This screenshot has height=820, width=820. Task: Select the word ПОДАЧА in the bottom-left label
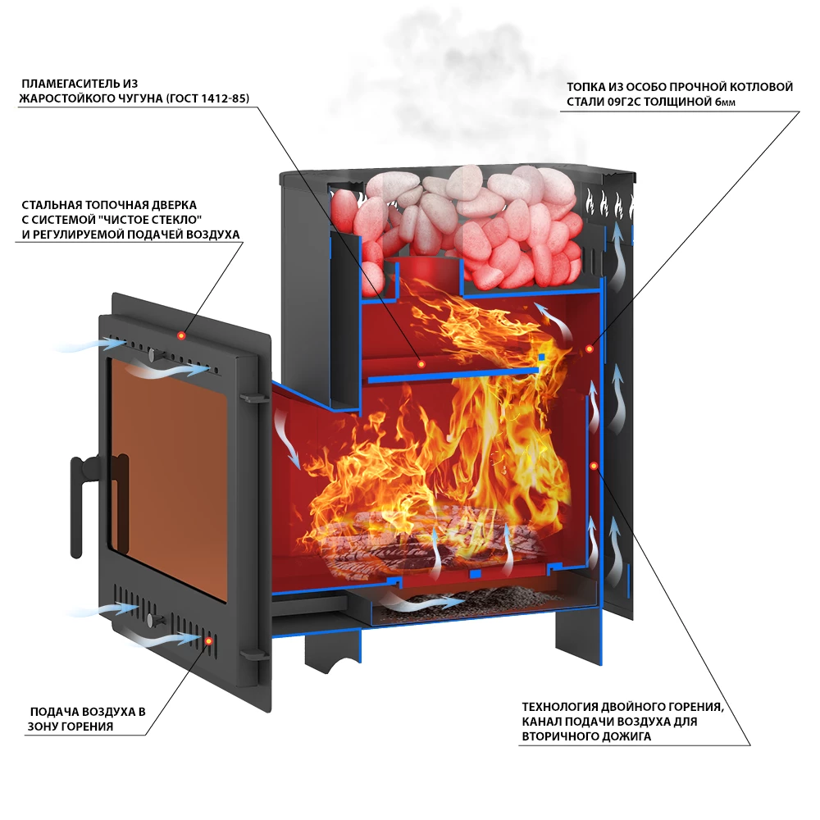click(54, 712)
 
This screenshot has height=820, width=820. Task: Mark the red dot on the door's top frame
click(181, 335)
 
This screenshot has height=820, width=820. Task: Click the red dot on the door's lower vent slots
click(208, 641)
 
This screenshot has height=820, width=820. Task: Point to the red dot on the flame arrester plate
click(421, 363)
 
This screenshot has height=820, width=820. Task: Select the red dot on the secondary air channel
click(594, 466)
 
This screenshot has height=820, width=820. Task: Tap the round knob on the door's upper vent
click(153, 355)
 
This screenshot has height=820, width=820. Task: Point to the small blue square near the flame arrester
click(541, 358)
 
